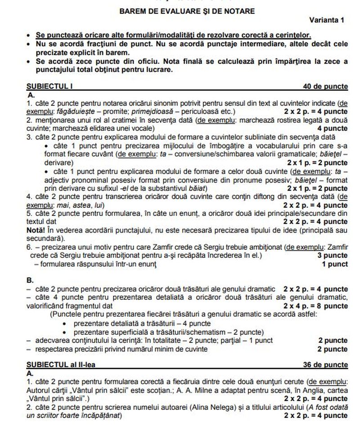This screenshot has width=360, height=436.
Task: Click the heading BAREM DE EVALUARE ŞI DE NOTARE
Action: click(180, 11)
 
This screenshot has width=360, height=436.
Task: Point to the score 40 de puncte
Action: click(326, 86)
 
